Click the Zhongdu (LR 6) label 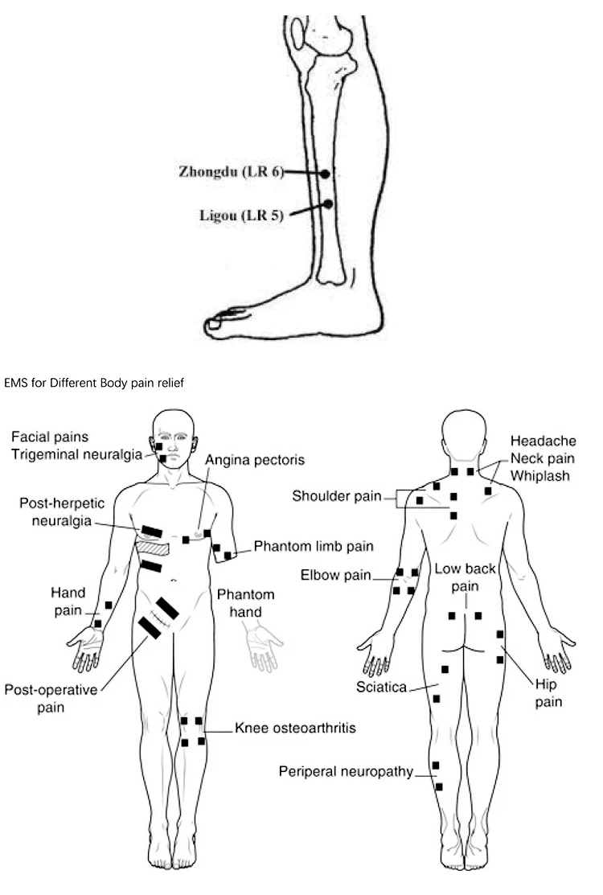231,170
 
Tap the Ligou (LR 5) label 241,215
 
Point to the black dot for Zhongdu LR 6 326,174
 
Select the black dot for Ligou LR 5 327,204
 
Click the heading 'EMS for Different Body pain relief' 94,384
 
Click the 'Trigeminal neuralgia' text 76,454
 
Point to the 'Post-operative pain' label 51,697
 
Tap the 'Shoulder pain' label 336,495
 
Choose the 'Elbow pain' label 335,575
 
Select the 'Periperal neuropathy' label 346,772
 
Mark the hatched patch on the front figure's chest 154,547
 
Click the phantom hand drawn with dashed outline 264,643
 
